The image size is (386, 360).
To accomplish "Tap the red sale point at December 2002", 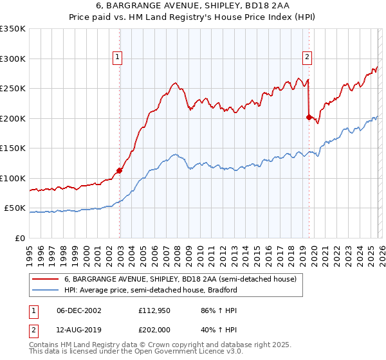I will click(120, 171).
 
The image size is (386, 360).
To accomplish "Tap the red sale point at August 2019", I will click(309, 117).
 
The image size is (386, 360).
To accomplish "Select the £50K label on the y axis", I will click(15, 208).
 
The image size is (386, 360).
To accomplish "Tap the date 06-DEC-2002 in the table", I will click(78, 310).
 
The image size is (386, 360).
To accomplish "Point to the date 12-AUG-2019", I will click(78, 329).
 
